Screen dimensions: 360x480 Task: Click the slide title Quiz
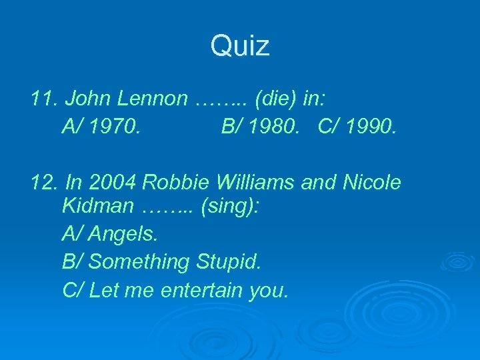point(240,46)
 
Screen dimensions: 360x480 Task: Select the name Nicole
point(371,182)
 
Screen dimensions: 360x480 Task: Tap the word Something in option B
point(139,262)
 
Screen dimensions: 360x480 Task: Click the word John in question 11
point(89,99)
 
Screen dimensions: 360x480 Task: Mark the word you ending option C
point(268,291)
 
